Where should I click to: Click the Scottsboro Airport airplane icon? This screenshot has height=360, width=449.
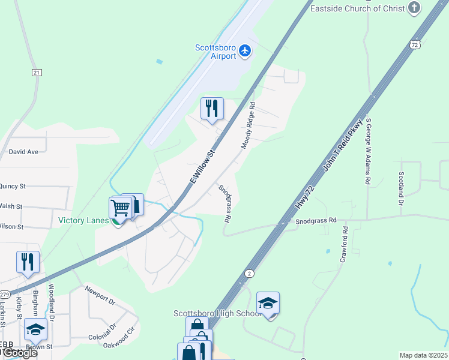pyautogui.click(x=244, y=51)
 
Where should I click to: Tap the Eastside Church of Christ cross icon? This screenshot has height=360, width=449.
pyautogui.click(x=414, y=8)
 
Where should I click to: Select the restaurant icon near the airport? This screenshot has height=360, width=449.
pyautogui.click(x=212, y=109)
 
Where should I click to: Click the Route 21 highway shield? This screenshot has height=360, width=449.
pyautogui.click(x=37, y=73)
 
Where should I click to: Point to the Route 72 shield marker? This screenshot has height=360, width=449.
pyautogui.click(x=415, y=45)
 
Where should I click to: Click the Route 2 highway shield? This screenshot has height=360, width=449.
pyautogui.click(x=249, y=274)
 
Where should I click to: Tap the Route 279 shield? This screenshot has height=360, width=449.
pyautogui.click(x=5, y=295)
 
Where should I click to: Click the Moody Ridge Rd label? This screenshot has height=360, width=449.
pyautogui.click(x=249, y=125)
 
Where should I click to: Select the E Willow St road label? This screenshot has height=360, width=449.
pyautogui.click(x=202, y=169)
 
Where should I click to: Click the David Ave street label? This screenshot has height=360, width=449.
pyautogui.click(x=23, y=152)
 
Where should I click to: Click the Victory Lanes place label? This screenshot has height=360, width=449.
pyautogui.click(x=83, y=220)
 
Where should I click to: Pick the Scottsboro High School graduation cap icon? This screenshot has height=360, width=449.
pyautogui.click(x=268, y=304)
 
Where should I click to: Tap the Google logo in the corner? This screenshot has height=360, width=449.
pyautogui.click(x=19, y=352)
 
